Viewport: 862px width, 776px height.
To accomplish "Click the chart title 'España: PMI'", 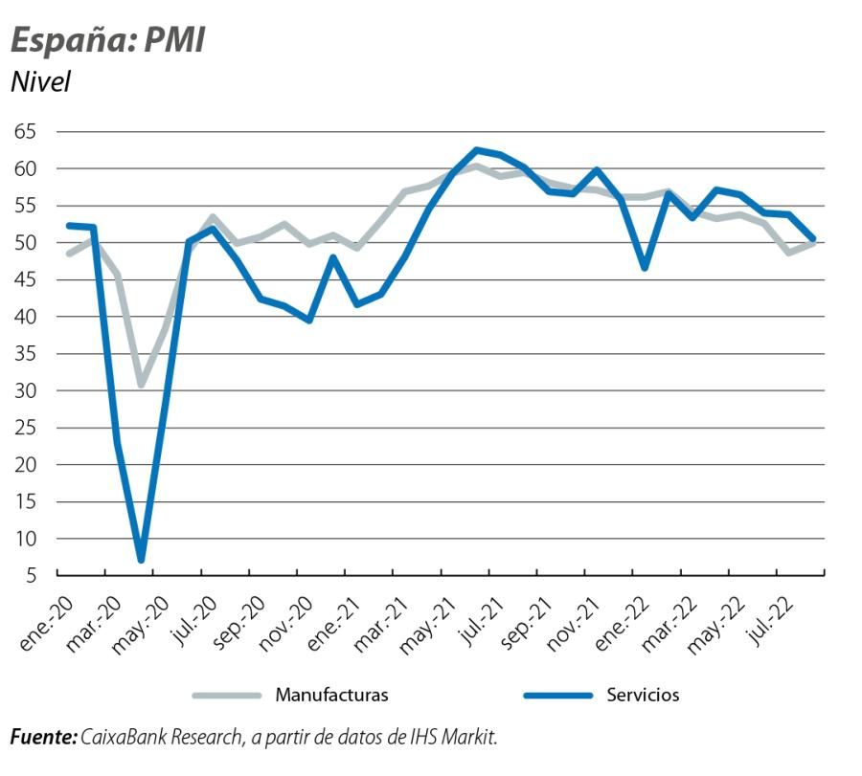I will pos(107,41).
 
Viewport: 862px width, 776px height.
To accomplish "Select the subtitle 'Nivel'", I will pos(40,82).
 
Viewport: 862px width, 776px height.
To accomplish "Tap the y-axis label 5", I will pos(32,576).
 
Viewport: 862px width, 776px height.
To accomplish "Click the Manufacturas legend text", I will pos(331,695).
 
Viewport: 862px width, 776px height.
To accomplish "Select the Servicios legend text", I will pos(643,695).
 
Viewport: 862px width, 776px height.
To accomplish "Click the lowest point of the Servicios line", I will pos(141,560).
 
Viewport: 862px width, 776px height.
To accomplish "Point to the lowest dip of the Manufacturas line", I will pos(141,385).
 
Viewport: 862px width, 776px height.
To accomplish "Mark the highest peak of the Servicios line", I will pos(476,150).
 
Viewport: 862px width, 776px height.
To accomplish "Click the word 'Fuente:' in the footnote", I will pos(43,737).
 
